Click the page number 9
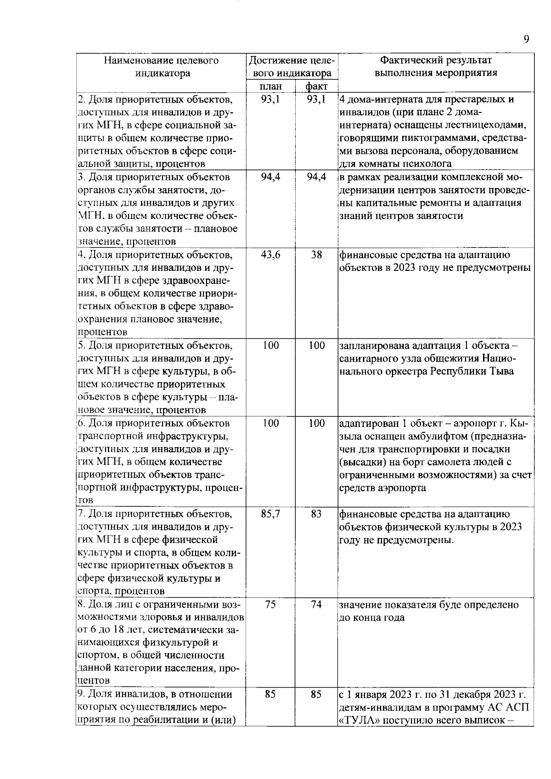[x=527, y=39]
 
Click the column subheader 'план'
[x=270, y=87]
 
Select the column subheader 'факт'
[x=316, y=87]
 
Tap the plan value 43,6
[x=270, y=255]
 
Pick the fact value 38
[x=316, y=255]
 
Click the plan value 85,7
[x=270, y=514]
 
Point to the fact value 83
[x=316, y=514]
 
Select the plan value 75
[x=270, y=604]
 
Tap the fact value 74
[x=316, y=604]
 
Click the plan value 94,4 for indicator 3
[x=270, y=177]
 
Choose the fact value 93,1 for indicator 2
[x=316, y=100]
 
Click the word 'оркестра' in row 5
[x=407, y=371]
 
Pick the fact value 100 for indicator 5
[x=316, y=345]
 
